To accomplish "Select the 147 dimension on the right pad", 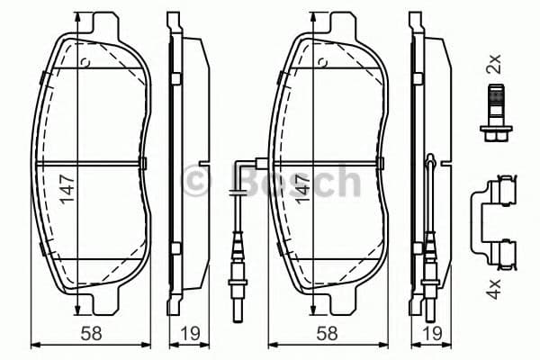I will pos(306,190).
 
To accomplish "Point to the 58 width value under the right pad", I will pos(329,333).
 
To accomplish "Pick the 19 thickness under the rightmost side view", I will pos(433,333).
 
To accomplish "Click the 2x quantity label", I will pos(493,65).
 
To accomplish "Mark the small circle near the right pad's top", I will pos(321,62).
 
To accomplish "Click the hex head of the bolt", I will pos(493,137).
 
